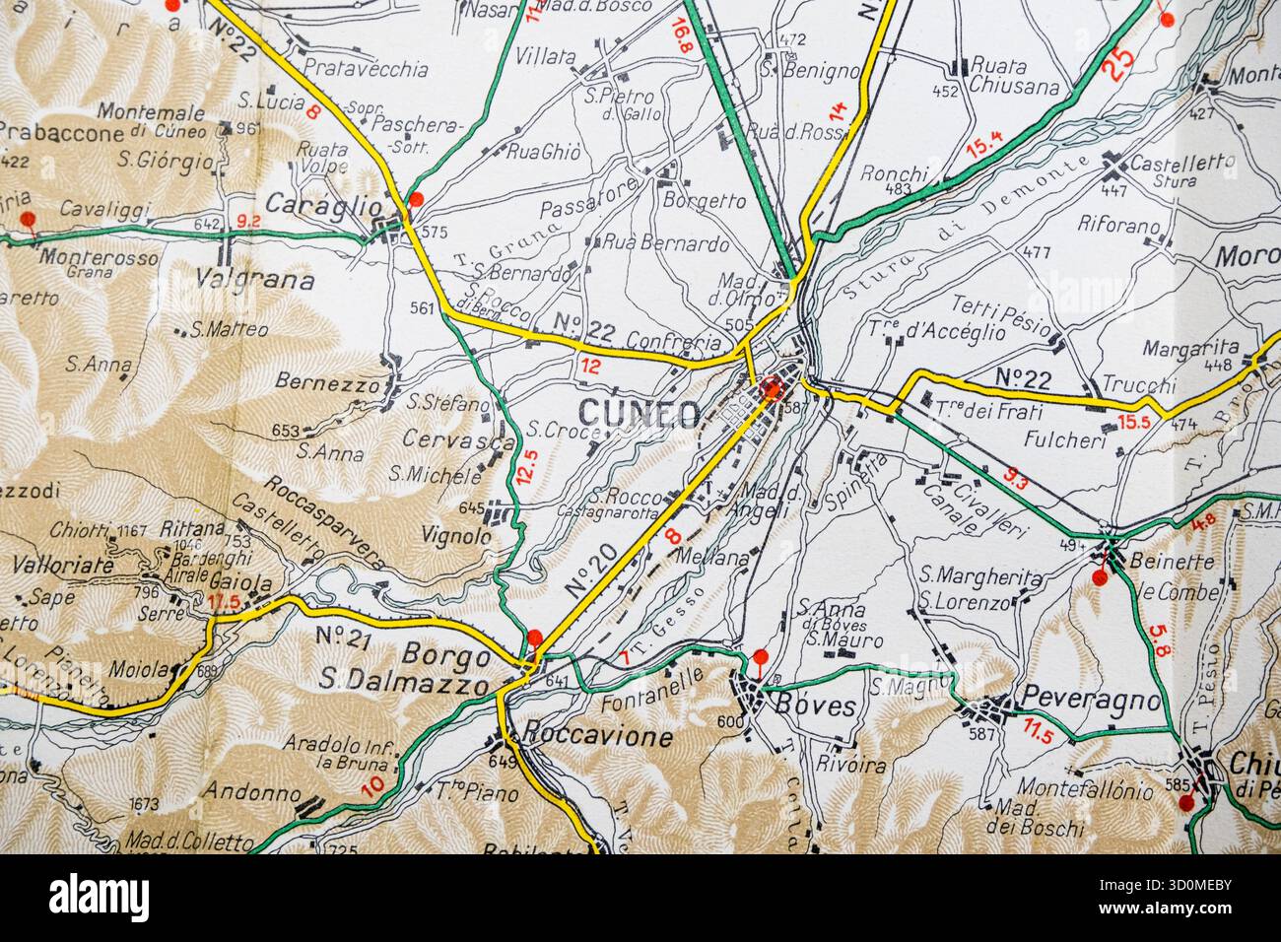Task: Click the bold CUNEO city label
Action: (x=640, y=412)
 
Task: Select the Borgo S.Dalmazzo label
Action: (x=406, y=670)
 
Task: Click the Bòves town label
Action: (x=808, y=706)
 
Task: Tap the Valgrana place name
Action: (x=256, y=281)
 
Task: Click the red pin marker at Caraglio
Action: (x=416, y=200)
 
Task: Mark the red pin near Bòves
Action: (x=760, y=656)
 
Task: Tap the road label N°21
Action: (x=343, y=638)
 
